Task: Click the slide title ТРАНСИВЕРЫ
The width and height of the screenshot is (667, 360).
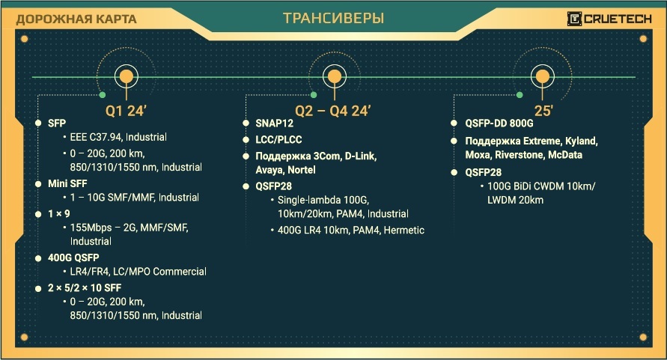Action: tap(333, 18)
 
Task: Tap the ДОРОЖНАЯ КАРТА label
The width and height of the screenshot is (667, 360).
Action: tap(76, 19)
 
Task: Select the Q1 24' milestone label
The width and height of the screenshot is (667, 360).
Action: tap(124, 111)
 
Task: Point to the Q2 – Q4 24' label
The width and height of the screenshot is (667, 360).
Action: tap(333, 111)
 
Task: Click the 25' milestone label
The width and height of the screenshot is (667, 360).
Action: tap(543, 111)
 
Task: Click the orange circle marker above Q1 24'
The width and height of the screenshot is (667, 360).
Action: tap(127, 76)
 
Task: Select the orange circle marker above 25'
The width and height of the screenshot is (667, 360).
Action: tap(543, 76)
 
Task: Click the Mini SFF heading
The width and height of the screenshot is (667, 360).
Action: tap(69, 183)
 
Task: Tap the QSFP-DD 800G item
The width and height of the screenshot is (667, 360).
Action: tap(499, 124)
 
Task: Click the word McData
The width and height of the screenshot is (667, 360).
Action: tap(562, 155)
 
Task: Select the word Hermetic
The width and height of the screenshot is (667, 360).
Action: tap(404, 230)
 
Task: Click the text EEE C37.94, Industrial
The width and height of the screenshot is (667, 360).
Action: tap(118, 138)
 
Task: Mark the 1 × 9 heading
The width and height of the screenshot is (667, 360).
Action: tap(59, 213)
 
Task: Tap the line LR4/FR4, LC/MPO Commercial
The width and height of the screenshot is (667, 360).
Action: tap(138, 272)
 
